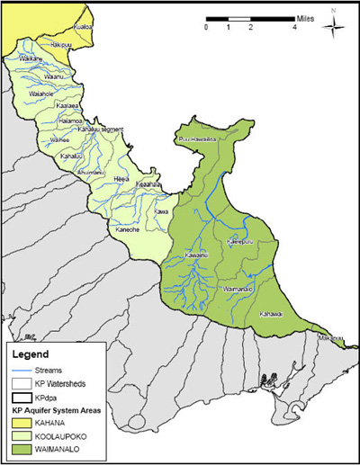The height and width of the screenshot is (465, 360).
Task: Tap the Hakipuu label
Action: pos(60,43)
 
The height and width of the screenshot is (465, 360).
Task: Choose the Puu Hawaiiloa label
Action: pos(198,139)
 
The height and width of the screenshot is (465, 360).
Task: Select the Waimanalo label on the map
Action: pos(237,290)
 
